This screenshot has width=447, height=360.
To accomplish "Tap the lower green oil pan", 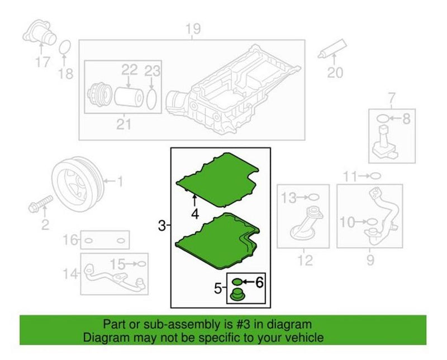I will coord(218,235).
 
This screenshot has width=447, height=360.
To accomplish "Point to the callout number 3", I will coord(161,226).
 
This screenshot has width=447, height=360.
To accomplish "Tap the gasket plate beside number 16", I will coord(106,241).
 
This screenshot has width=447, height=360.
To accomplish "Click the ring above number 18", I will coord(65,48).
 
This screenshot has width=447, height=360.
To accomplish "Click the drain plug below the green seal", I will coord(238,295).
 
